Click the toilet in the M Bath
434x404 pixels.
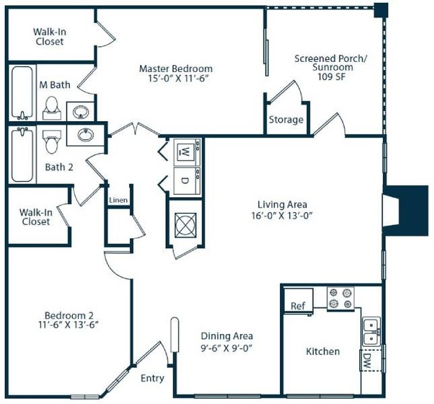coord(52,108)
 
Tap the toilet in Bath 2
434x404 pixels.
coord(52,142)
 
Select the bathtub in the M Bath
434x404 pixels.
coord(22,92)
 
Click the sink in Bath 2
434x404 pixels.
coord(86,135)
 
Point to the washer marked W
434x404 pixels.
coord(187,152)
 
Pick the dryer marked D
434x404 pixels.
coord(187,181)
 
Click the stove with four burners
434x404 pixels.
coord(340,299)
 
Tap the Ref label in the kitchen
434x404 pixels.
coord(297,306)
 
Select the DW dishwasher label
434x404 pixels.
coord(367,360)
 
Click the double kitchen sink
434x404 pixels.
coord(372,331)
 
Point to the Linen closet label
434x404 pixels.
coord(118,200)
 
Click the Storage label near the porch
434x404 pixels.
coord(286,120)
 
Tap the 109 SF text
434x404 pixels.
coord(331,76)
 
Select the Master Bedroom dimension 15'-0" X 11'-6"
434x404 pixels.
coord(178,78)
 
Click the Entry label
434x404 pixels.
coord(152,378)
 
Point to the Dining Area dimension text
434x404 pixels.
coord(226,348)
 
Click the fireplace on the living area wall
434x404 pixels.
coord(405,211)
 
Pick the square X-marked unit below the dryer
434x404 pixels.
coord(185,225)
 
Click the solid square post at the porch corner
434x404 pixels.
coord(381,10)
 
